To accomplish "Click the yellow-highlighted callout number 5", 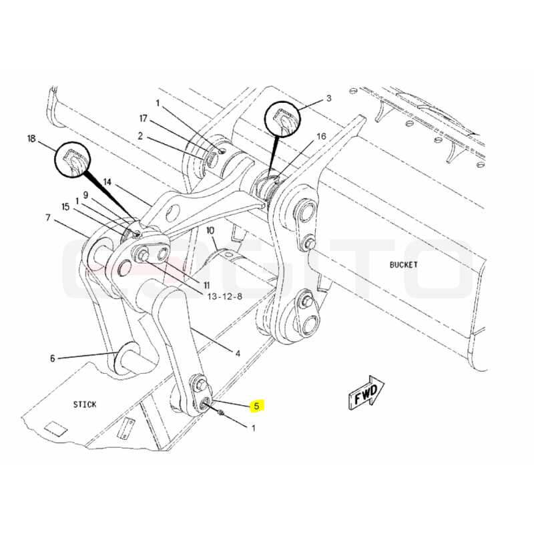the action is click(x=257, y=406).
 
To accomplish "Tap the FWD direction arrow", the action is click(x=366, y=392).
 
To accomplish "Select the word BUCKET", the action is click(x=404, y=264).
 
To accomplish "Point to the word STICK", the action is click(x=85, y=405).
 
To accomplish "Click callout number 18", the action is click(x=31, y=139).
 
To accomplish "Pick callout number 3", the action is click(x=328, y=98).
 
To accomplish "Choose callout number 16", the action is click(x=322, y=136).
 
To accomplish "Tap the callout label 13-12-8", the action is click(x=225, y=296).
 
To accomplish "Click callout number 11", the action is click(x=206, y=285).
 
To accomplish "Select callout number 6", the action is click(x=53, y=358).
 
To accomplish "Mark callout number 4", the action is click(x=238, y=354).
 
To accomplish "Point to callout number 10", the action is click(x=210, y=230).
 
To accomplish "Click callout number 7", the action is click(x=48, y=218).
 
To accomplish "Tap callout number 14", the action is click(x=107, y=182).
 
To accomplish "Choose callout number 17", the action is click(x=143, y=118).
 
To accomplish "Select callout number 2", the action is click(x=140, y=136).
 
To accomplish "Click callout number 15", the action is click(x=65, y=207).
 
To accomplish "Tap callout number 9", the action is click(x=86, y=195).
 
